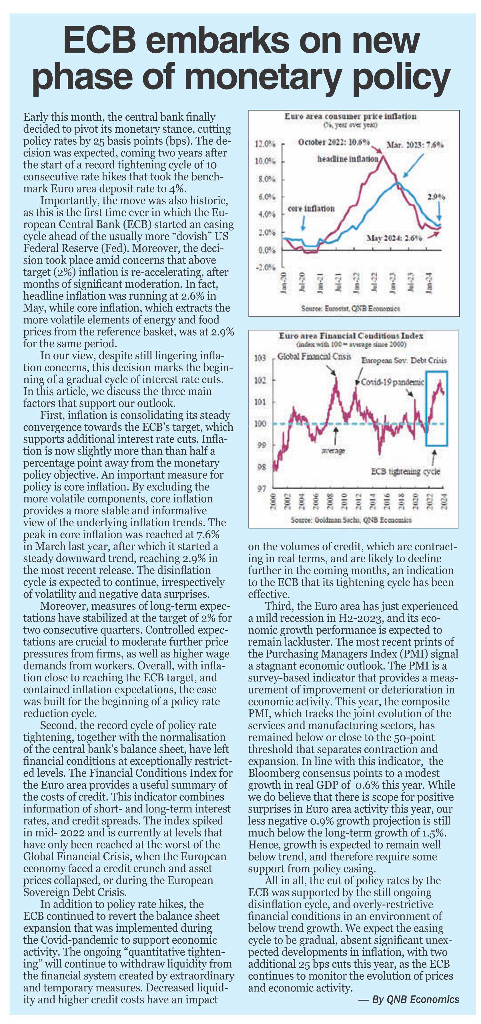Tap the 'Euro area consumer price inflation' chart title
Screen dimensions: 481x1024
(350, 116)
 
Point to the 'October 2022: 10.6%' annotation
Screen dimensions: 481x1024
(334, 142)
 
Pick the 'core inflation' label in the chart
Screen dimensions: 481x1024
(311, 208)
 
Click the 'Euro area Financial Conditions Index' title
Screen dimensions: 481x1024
(351, 336)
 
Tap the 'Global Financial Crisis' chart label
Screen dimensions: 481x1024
(314, 356)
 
